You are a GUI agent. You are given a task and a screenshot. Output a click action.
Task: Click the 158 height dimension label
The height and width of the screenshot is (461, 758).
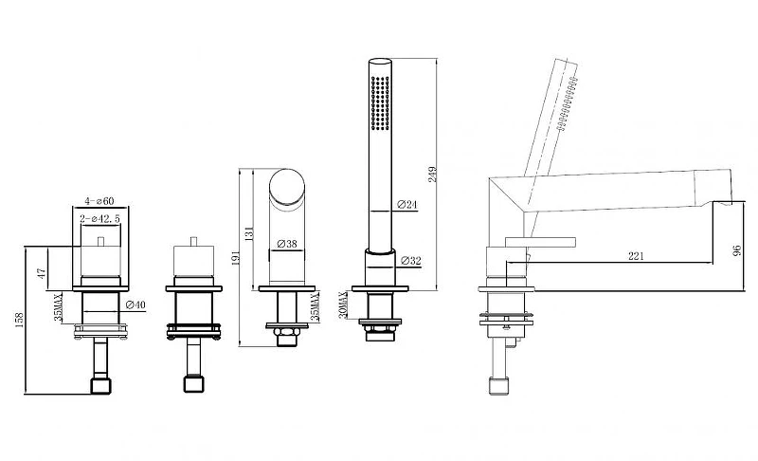coord(19,321)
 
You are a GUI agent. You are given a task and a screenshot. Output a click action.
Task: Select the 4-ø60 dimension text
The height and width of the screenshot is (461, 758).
coord(99,201)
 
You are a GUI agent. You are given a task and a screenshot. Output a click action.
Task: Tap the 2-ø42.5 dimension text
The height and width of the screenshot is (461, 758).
coord(100,219)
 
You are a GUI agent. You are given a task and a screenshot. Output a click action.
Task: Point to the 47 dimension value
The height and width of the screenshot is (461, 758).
coord(42,274)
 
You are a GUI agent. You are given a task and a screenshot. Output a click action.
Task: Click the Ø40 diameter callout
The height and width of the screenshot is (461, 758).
coord(135,304)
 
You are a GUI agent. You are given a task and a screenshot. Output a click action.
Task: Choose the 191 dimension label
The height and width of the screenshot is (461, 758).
coord(236,258)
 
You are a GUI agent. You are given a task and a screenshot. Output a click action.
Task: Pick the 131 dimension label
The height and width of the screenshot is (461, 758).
coord(249,233)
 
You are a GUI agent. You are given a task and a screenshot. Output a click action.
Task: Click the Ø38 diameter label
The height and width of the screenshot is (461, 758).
coord(287,245)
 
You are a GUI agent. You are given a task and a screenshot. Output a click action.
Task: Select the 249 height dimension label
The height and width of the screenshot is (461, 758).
coord(433,175)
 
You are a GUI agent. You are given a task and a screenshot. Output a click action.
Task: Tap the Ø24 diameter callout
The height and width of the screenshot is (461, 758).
coord(407,205)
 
